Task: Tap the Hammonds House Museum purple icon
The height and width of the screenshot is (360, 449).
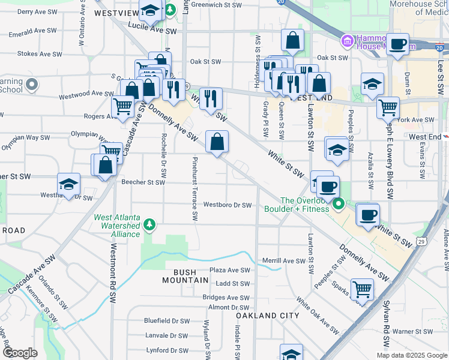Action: click(x=346, y=41)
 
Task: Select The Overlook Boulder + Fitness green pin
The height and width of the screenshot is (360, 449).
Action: click(x=338, y=205)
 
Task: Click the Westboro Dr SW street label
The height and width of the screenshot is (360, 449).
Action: click(x=227, y=205)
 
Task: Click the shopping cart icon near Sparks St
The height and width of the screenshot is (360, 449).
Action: click(x=362, y=289)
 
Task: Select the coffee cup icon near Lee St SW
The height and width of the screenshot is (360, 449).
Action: click(x=397, y=44)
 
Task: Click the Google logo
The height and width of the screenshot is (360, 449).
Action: click(x=20, y=353)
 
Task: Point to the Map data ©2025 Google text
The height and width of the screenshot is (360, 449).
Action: click(x=412, y=355)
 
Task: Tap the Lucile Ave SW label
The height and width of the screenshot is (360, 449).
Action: click(x=152, y=30)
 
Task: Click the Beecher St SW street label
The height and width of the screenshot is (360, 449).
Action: click(x=143, y=182)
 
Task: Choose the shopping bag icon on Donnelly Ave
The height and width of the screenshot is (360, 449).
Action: click(x=217, y=142)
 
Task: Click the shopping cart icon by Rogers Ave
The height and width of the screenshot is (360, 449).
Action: click(x=123, y=107)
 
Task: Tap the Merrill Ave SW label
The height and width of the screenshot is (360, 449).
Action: click(x=284, y=261)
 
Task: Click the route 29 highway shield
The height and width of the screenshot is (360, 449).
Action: click(x=423, y=241)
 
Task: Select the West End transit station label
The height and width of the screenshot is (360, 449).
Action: click(x=426, y=137)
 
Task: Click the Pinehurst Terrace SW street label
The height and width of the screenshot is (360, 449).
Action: click(x=194, y=190)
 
